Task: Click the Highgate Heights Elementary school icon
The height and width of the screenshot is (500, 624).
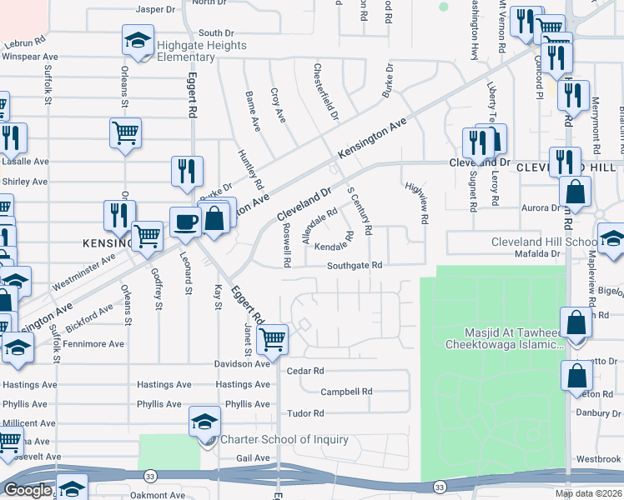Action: pyautogui.click(x=138, y=39)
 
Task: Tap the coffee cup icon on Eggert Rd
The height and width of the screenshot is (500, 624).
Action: pyautogui.click(x=185, y=222)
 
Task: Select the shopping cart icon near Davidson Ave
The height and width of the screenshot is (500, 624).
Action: pyautogui.click(x=273, y=338)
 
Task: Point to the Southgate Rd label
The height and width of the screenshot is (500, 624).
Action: pyautogui.click(x=354, y=266)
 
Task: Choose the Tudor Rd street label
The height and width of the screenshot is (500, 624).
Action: pyautogui.click(x=305, y=413)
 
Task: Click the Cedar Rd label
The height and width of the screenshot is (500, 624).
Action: pyautogui.click(x=304, y=371)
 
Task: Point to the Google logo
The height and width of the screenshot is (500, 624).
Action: pyautogui.click(x=28, y=490)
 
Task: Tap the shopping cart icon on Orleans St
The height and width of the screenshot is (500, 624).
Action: pyautogui.click(x=125, y=131)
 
